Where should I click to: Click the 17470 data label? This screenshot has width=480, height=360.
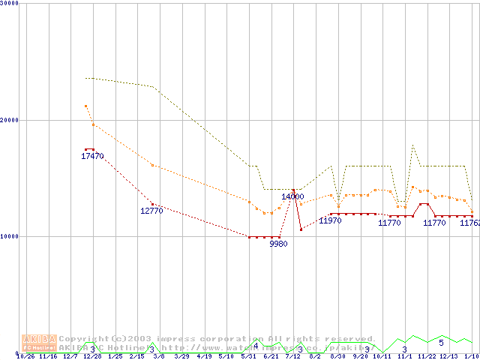[x=92, y=156]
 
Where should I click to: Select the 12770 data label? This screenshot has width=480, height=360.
[x=151, y=211]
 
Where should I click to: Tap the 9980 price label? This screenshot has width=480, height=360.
[x=278, y=244]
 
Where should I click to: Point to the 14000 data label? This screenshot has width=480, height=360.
[x=292, y=196]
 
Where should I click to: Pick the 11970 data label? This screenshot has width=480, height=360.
[x=330, y=220]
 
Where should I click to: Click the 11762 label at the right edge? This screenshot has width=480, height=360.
[x=469, y=223]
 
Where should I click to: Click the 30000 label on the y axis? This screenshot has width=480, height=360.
[x=10, y=3]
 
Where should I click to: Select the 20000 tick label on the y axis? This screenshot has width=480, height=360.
[x=10, y=120]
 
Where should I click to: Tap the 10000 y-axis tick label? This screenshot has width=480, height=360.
[x=10, y=236]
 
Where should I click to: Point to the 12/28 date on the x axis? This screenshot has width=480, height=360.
[x=92, y=356]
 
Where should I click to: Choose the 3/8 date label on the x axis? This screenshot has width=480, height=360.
[x=158, y=356]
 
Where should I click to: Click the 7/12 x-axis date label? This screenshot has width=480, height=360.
[x=292, y=356]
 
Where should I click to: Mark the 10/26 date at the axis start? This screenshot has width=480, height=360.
[x=25, y=356]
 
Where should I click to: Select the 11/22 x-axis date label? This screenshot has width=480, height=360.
[x=427, y=356]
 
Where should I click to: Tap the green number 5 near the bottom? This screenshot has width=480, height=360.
[x=441, y=343]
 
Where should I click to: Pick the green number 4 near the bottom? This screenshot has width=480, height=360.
[x=256, y=346]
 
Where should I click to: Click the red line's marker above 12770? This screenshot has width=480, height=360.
[x=152, y=204]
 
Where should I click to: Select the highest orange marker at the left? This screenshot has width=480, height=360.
[x=85, y=106]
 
